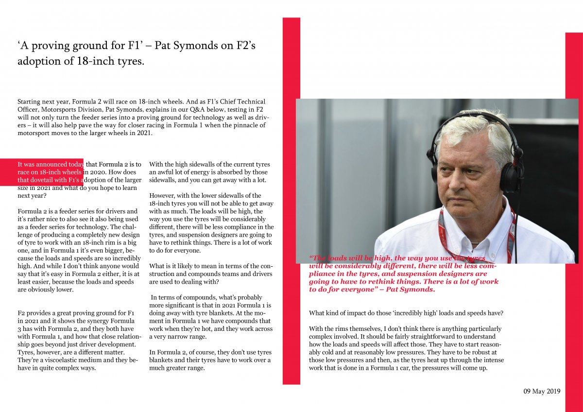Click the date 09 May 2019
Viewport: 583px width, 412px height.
click(542, 391)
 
